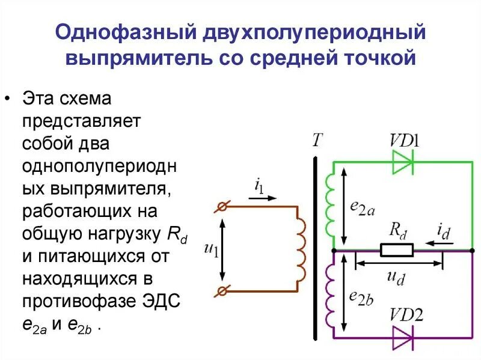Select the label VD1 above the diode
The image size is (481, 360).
coord(404,141)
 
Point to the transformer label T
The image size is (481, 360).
coord(317,140)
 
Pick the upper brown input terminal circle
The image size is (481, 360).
coord(222,207)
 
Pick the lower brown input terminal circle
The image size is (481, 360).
coord(222,291)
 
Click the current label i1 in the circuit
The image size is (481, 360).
coord(259,186)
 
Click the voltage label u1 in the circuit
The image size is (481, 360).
coord(210,249)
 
